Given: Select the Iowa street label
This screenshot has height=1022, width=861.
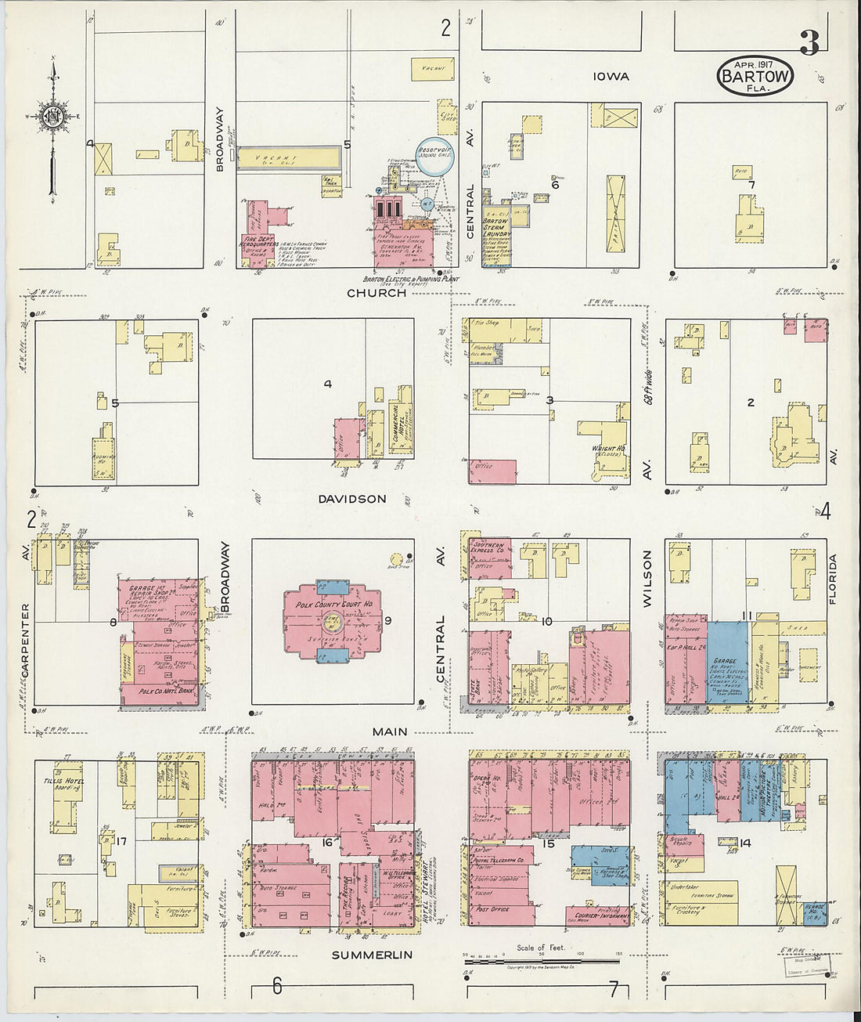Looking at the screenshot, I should tap(611, 76).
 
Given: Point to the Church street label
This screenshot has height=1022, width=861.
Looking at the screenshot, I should tap(376, 293).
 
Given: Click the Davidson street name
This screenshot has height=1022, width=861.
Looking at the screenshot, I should tap(352, 499).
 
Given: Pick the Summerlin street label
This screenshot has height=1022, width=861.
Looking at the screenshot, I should tap(371, 955).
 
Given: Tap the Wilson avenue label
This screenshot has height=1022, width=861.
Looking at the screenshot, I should tap(647, 579).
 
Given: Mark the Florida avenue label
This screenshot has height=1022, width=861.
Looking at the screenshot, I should tap(833, 580).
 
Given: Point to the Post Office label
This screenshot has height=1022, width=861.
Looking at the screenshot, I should tap(492, 909).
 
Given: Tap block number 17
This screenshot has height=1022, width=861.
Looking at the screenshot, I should tap(121, 842).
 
